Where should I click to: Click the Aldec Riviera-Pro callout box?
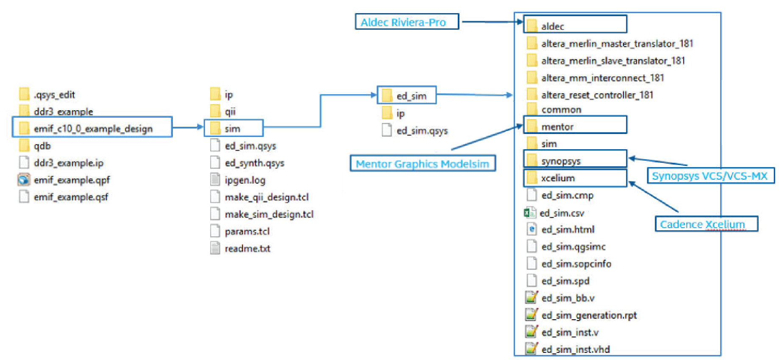point(406,22)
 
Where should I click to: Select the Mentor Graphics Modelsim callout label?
point(422,164)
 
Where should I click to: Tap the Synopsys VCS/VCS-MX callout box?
point(710,176)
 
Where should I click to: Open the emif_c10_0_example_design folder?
point(93,128)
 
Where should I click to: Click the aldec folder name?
point(552,26)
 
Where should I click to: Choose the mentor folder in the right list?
point(557,127)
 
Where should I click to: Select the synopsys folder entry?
point(560,161)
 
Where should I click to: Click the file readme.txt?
point(247,248)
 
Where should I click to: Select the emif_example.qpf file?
point(72,180)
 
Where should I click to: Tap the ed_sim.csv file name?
point(562,213)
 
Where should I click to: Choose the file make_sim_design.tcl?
point(269,215)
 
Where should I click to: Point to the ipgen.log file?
point(245,180)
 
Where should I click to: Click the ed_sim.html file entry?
point(568,230)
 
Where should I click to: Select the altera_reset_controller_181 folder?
point(597,95)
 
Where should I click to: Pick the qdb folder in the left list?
point(42,146)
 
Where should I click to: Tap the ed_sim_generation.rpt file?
point(589,315)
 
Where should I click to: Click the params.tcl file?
point(247,232)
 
